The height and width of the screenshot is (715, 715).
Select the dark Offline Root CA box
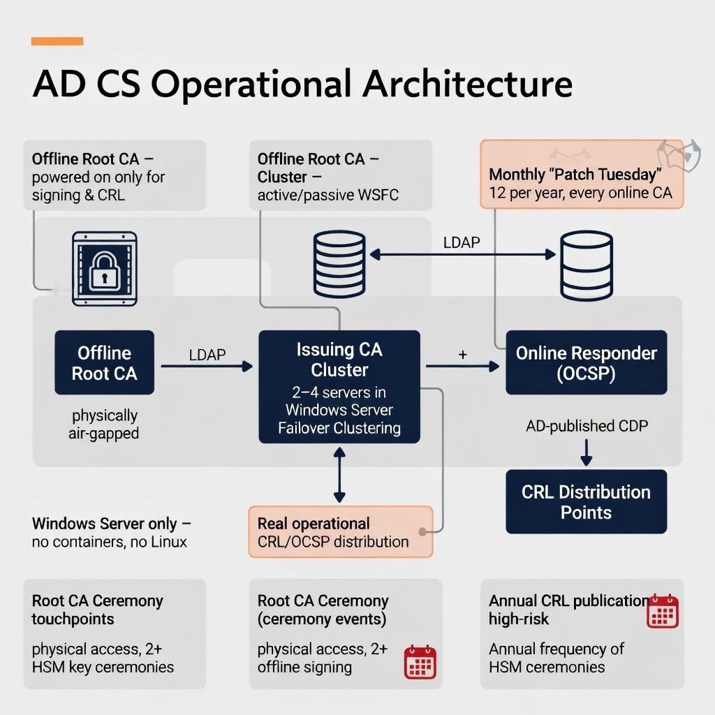(105, 362)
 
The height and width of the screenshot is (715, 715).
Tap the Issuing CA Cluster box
(339, 387)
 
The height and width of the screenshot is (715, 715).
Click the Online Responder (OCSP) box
(586, 363)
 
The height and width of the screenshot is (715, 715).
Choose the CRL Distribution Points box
(586, 502)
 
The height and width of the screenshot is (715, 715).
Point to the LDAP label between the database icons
(462, 242)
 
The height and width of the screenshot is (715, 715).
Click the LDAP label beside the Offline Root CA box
(207, 355)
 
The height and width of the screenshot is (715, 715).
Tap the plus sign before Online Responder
(462, 355)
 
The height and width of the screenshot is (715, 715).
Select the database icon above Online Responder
(587, 266)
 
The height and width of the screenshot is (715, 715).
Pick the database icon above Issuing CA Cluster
(339, 264)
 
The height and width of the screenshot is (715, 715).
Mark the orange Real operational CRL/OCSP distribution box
(340, 532)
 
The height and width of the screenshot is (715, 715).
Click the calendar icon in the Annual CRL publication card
(662, 611)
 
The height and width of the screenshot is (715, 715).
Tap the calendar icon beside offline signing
(420, 662)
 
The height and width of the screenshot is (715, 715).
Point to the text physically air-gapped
(105, 425)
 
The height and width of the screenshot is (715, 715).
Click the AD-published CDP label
(587, 425)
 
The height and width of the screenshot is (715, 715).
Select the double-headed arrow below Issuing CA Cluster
(339, 475)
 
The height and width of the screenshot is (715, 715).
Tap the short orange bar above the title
(57, 42)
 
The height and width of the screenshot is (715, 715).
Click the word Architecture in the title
(467, 84)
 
